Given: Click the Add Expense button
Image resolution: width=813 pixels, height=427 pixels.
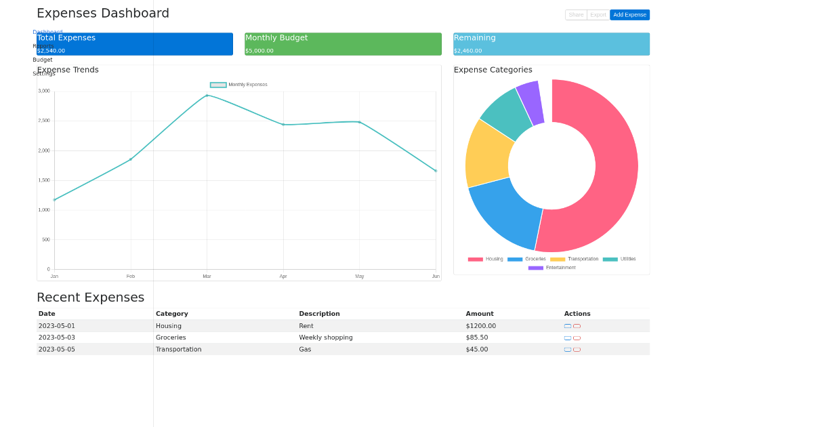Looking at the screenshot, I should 629,15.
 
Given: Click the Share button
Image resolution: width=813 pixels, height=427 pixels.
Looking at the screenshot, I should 576,15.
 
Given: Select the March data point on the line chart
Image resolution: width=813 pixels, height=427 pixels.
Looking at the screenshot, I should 207,96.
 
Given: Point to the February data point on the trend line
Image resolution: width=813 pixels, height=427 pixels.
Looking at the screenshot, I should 131,159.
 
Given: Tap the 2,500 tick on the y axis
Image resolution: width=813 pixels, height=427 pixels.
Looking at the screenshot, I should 44,121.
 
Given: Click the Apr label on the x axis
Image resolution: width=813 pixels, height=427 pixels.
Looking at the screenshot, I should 283,277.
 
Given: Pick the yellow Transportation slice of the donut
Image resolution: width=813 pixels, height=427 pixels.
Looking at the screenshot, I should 488,155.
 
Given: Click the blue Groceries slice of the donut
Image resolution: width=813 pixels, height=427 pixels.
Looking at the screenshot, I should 507,213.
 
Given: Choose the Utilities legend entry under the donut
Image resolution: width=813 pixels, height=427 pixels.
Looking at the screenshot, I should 619,259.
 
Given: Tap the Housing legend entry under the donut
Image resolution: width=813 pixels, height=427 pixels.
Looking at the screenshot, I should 485,259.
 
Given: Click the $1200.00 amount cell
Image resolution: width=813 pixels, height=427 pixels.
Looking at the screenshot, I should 480,326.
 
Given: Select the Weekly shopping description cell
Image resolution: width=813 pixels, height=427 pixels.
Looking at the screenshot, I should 325,338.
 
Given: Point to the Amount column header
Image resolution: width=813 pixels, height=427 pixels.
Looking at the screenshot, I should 480,314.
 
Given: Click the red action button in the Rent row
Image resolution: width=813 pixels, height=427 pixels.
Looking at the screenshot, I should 577,326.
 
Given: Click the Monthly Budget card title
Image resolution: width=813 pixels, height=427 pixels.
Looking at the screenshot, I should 276,38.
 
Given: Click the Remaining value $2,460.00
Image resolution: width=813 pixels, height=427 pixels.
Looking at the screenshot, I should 467,51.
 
